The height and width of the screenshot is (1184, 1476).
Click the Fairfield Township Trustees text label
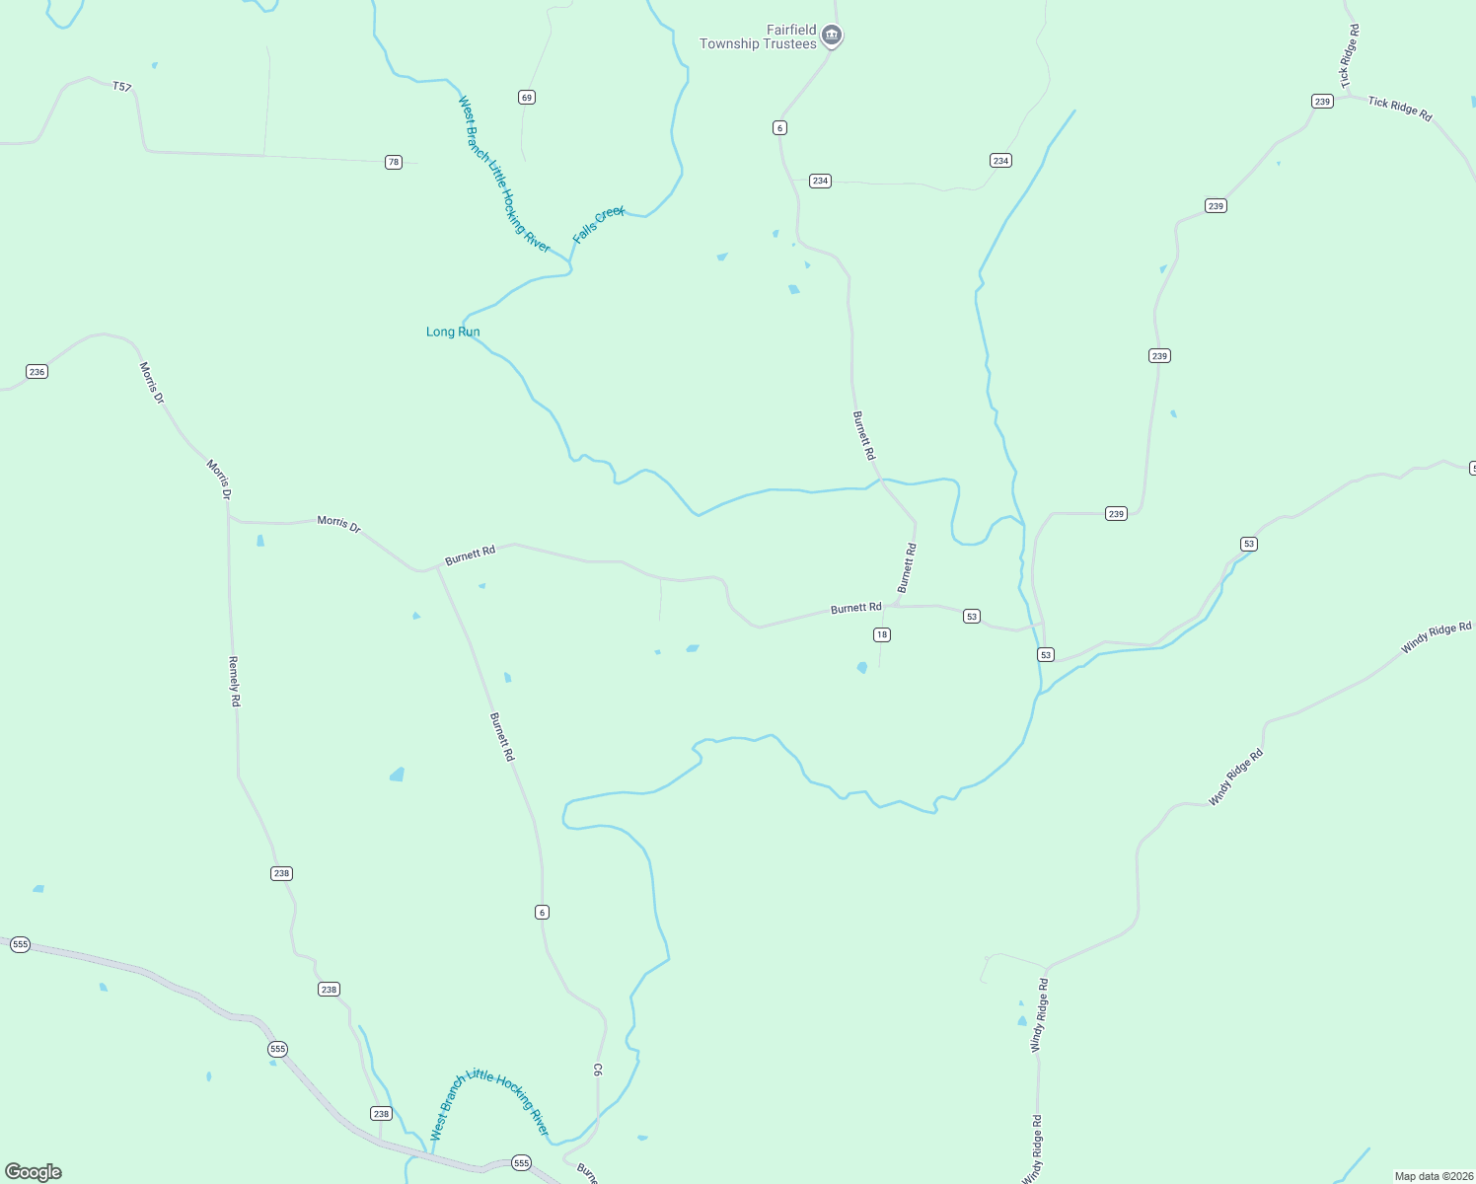758,37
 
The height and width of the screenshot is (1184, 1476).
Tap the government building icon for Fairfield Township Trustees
832,37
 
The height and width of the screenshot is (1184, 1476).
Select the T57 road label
121,87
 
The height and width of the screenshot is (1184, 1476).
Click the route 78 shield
394,162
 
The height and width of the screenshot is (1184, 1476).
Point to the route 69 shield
527,97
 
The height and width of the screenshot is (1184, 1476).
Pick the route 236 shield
37,372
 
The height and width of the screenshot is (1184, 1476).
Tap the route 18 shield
882,634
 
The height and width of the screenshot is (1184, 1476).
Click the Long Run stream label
453,332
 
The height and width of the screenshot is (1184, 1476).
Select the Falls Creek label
599,224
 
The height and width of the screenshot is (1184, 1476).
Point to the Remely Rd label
234,681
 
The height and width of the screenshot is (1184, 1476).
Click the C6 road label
597,1069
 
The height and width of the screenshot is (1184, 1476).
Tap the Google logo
34,1172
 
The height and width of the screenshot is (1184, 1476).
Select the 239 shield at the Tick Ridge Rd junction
1322,101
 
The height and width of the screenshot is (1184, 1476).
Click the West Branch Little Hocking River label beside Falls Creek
503,174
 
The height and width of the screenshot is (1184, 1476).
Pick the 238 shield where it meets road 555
381,1113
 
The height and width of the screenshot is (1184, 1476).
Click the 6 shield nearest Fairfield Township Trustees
779,127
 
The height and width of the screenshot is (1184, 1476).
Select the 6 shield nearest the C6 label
542,912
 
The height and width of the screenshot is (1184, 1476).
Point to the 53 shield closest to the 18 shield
972,616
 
